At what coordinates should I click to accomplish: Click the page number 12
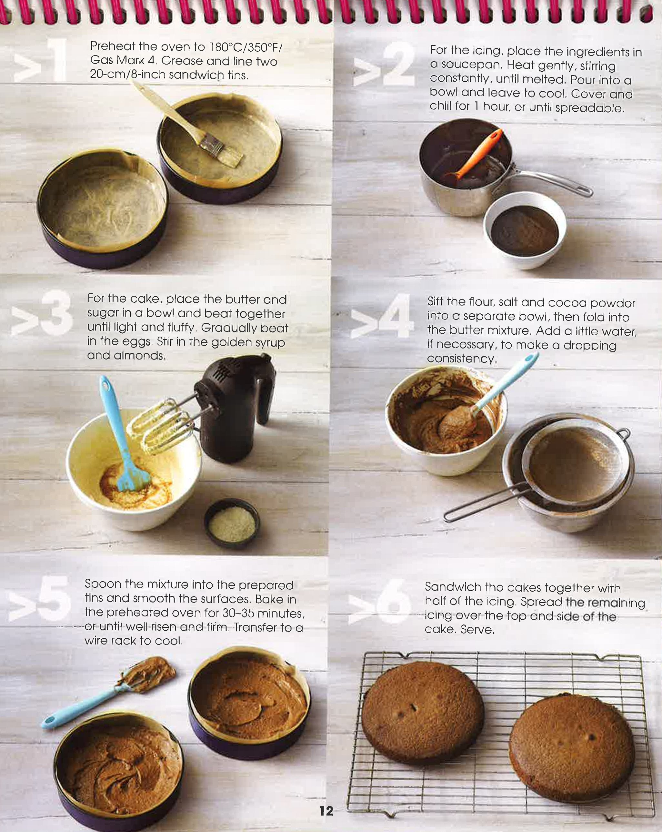(x=326, y=811)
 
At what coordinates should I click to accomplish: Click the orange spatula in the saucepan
(x=478, y=154)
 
